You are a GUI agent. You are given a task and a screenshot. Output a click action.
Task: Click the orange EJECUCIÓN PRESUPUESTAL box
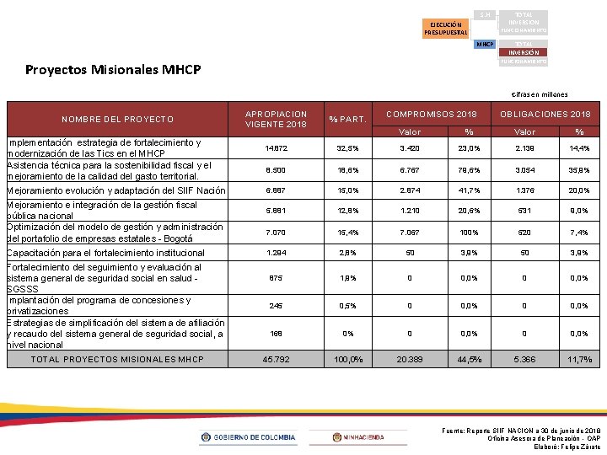point(447,29)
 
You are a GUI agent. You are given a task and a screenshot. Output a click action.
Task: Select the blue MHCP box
point(484,44)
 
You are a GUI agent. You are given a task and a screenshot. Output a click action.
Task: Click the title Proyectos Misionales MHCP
point(113,69)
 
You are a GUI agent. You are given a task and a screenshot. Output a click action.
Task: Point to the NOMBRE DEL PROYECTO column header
point(118,119)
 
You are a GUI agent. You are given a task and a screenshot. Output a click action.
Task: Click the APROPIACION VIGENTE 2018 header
point(276,119)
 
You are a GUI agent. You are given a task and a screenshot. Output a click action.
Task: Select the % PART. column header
point(346,119)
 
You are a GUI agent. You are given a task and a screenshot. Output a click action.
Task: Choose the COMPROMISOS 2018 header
point(432,114)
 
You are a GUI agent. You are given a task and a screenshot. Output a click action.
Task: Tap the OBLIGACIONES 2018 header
point(545,114)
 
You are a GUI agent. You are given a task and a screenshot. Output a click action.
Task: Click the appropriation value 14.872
point(275,147)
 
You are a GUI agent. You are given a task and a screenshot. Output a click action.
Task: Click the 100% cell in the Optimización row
point(469,232)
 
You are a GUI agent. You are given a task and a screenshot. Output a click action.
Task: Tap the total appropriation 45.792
point(275,360)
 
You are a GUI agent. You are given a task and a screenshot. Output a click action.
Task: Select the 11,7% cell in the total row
point(579,360)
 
